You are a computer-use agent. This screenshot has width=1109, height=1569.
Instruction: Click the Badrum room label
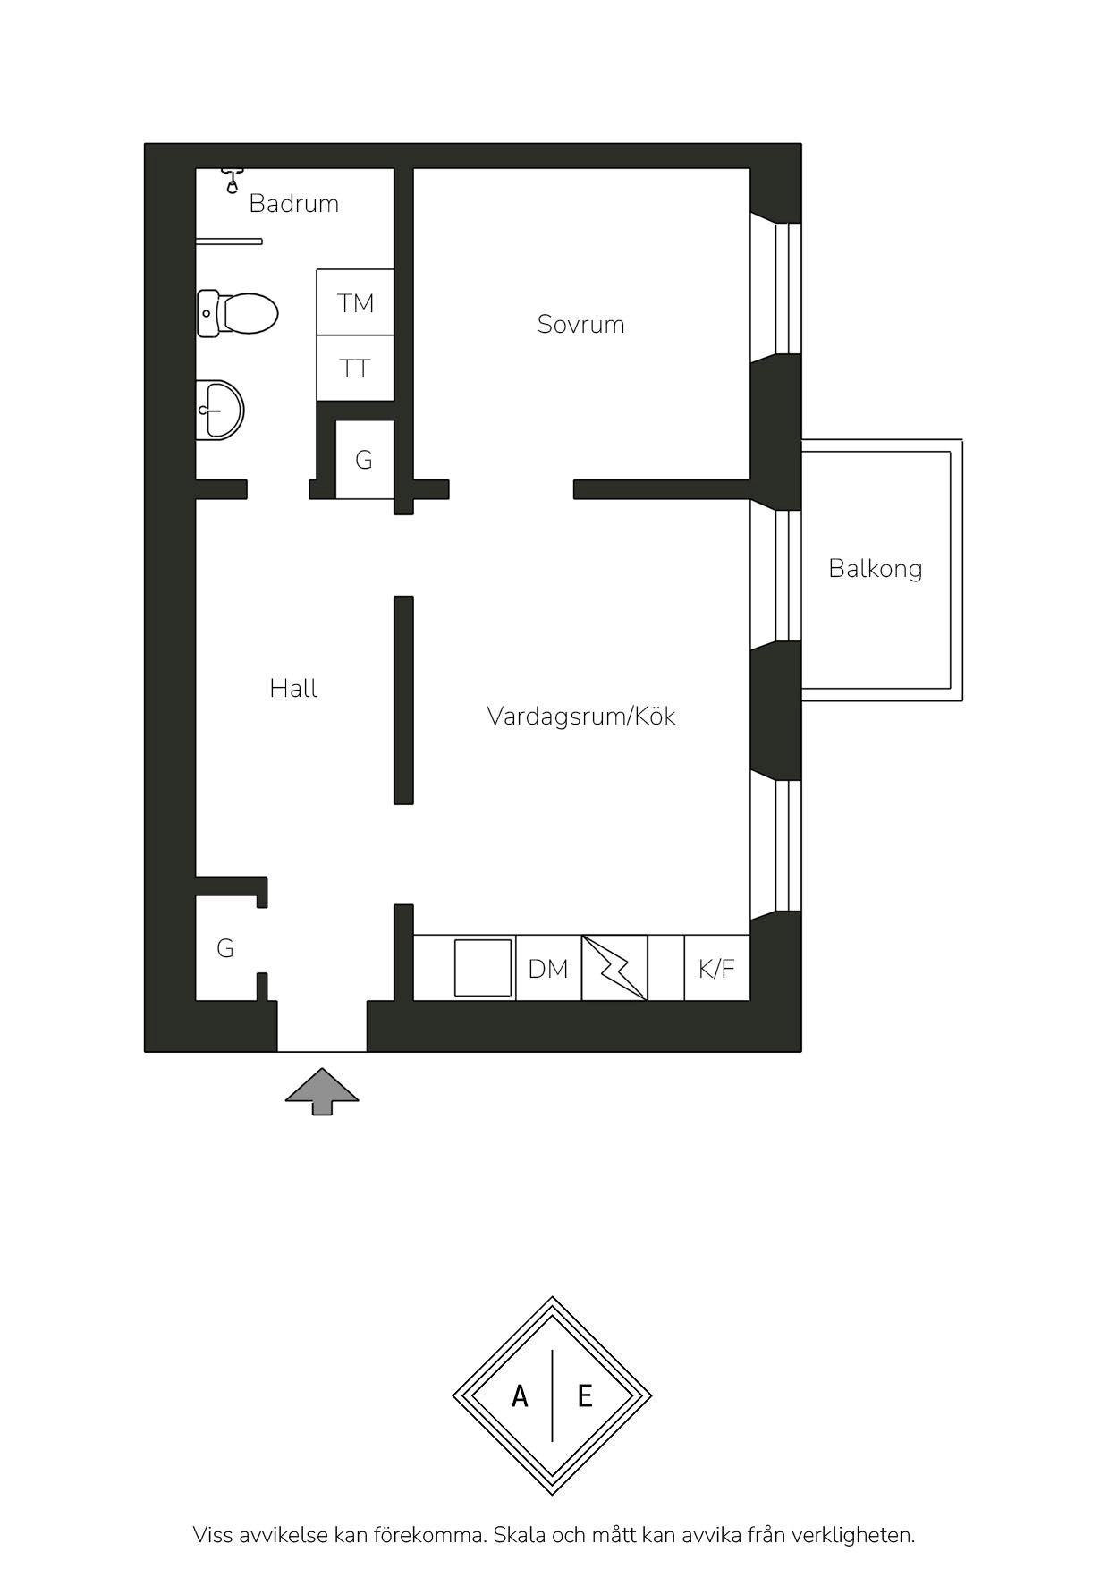pos(293,203)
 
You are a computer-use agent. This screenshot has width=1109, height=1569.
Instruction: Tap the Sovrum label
pos(580,324)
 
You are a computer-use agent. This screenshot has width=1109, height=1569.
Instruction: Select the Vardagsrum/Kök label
pos(581,716)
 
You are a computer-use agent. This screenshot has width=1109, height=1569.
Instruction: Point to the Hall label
pos(293,688)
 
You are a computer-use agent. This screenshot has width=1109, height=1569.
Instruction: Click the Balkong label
pos(876,569)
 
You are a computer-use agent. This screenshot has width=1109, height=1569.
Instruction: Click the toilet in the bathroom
pos(237,313)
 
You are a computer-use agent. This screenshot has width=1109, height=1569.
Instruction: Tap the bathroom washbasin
pos(219,410)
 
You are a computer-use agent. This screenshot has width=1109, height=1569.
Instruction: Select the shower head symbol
pos(233,181)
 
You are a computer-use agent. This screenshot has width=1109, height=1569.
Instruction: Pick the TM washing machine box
pos(355,302)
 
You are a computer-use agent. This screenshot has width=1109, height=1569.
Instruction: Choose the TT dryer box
pos(355,369)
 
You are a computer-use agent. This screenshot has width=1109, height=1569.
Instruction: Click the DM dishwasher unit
pos(548,968)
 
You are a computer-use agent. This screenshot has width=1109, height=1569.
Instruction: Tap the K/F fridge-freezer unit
pos(716,968)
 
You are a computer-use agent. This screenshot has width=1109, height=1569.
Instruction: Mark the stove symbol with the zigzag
pos(614,968)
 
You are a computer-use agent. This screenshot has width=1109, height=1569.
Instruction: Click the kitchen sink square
pos(483,968)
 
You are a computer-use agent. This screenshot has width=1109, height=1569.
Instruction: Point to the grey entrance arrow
pos(322,1091)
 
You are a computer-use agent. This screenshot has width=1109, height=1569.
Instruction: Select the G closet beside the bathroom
pos(364,460)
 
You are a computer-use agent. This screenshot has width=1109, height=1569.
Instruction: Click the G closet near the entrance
pos(225,948)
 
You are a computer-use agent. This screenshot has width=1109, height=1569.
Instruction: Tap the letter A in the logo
pos(520,1395)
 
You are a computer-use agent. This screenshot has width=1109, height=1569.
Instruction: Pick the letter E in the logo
pos(585,1395)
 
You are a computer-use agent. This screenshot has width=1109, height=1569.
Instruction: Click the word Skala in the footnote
pos(519,1535)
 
